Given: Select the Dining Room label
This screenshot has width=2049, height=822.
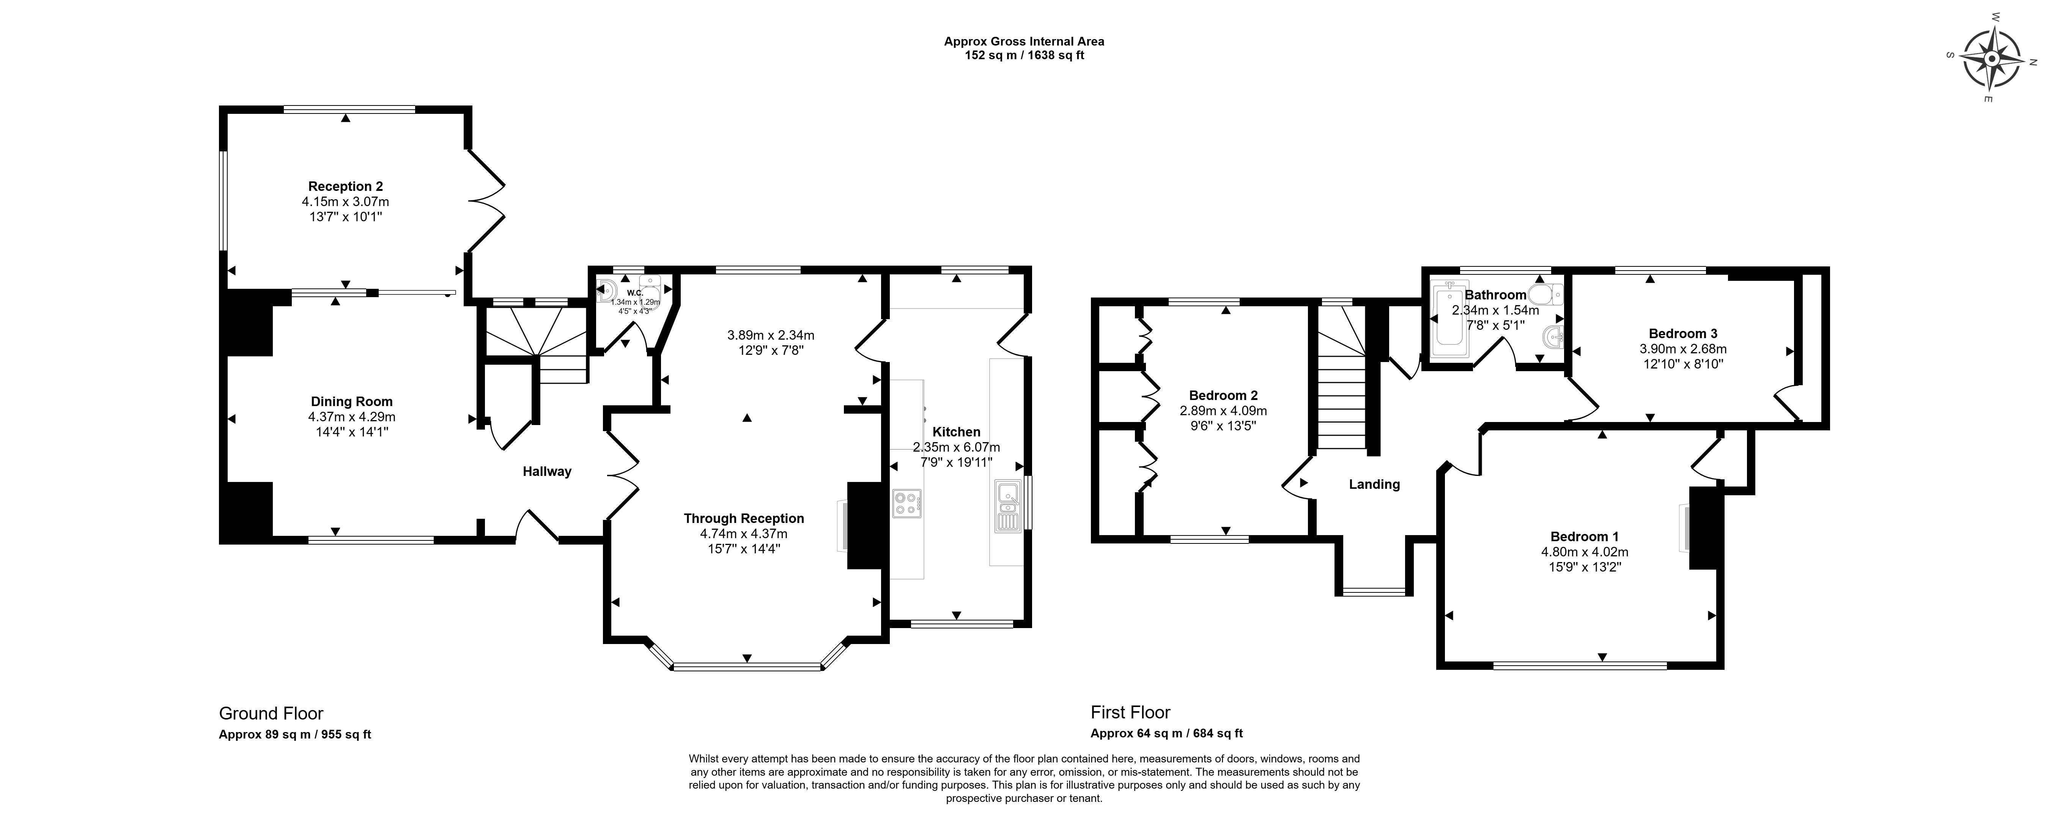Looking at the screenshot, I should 352,402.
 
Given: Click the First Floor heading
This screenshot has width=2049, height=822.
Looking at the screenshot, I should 1130,712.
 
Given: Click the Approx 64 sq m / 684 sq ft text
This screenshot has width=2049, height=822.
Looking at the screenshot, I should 1166,734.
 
